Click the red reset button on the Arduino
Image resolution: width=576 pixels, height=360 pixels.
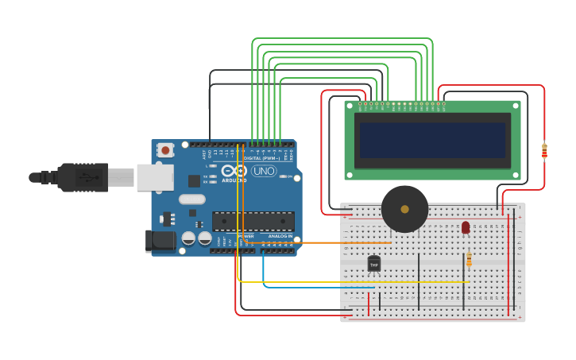(x=165, y=149)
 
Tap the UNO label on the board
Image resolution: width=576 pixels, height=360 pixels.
(x=264, y=171)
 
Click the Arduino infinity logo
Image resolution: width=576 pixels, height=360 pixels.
(x=234, y=171)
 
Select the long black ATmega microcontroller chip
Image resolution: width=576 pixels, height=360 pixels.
(x=253, y=221)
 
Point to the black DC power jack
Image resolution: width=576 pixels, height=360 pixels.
(x=160, y=241)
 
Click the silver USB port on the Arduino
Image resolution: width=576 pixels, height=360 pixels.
(x=154, y=177)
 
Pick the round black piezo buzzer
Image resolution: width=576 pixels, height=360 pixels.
(x=404, y=209)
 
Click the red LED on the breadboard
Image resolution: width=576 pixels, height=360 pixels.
(x=466, y=228)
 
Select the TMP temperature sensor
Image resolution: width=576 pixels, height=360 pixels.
(x=373, y=263)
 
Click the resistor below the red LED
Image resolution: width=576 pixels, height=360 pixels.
(x=469, y=259)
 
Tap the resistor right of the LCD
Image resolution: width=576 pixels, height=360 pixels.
(x=544, y=150)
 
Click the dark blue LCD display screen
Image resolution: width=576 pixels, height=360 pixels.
(x=432, y=140)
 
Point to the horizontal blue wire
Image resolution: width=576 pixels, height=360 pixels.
(x=310, y=287)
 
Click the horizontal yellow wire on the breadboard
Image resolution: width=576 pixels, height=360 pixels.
(x=358, y=281)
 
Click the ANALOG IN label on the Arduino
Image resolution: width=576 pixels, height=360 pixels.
(x=279, y=236)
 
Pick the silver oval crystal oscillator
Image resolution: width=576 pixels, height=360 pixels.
(x=191, y=199)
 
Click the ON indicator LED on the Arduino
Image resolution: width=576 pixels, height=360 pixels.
(x=290, y=176)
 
